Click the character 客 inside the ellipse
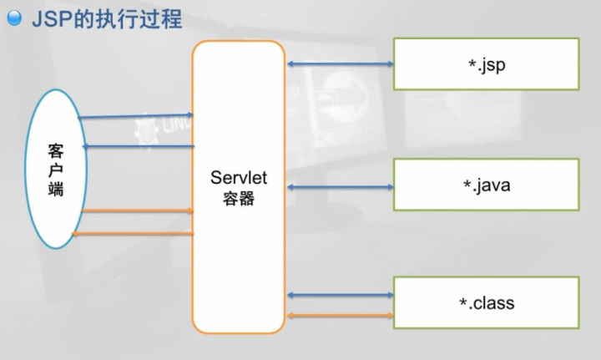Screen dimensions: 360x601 (x=56, y=151)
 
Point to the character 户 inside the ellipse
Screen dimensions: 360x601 (x=56, y=170)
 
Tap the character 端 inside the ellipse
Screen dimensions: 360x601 (x=56, y=190)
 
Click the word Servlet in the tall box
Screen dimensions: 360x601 (x=239, y=178)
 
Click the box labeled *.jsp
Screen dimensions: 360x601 (x=486, y=63)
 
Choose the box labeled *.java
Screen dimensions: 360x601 (x=486, y=185)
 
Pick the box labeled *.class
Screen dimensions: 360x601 (x=486, y=302)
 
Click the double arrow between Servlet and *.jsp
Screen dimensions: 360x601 (x=340, y=63)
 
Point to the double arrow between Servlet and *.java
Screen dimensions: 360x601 (x=340, y=186)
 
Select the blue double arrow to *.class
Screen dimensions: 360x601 (x=340, y=295)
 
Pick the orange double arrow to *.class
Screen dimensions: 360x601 (x=340, y=315)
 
